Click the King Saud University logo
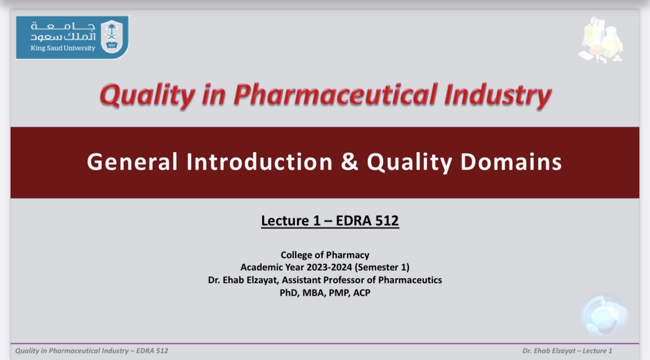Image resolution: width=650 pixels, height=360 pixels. click(72, 37)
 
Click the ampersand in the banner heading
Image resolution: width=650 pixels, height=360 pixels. click(349, 161)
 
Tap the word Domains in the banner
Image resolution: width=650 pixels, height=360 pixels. click(511, 161)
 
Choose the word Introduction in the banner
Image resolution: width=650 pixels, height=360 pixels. click(259, 161)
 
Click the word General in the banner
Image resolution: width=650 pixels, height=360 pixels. click(132, 161)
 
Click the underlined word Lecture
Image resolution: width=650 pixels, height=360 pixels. click(285, 220)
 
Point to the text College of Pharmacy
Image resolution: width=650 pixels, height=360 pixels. click(325, 254)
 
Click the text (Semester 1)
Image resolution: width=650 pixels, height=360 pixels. click(382, 267)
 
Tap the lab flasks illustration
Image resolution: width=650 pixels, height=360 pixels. click(601, 40)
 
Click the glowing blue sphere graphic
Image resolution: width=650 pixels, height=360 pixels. click(604, 315)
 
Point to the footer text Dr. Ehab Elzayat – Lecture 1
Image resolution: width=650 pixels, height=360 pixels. click(567, 351)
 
